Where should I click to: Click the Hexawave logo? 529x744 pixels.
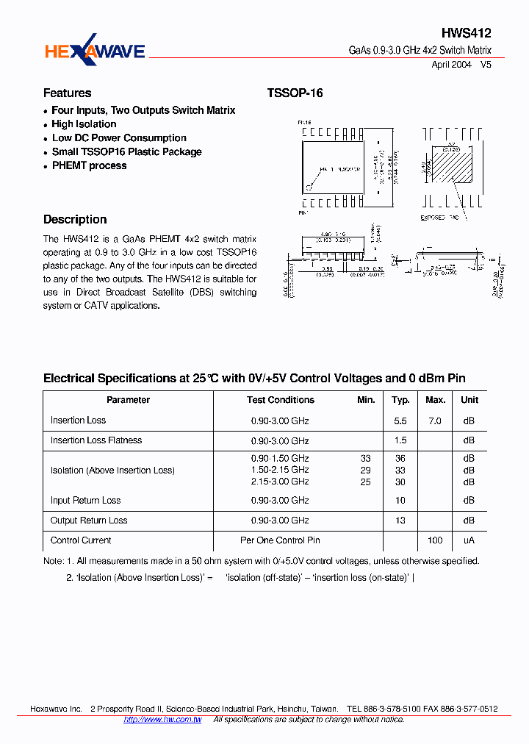95,50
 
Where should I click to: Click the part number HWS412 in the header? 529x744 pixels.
466,34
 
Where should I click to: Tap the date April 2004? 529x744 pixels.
450,65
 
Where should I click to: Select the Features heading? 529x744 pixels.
68,93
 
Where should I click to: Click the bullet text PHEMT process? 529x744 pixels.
89,166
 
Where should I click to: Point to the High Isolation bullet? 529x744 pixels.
84,124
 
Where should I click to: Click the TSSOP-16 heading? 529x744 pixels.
295,93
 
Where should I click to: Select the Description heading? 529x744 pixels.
75,220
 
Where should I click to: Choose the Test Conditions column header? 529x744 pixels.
280,400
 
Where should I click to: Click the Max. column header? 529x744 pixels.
435,400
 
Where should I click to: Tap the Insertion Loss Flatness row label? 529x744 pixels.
96,440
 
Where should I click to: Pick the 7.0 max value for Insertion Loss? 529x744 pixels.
435,421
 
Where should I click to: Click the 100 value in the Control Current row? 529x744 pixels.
435,540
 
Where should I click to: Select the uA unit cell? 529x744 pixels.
469,540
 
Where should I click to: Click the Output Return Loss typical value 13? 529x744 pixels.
400,521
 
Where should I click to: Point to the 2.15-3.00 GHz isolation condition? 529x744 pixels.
280,482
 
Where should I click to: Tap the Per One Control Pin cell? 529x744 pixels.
280,540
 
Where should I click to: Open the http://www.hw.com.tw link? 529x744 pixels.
162,720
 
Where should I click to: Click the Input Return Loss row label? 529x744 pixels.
85,501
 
